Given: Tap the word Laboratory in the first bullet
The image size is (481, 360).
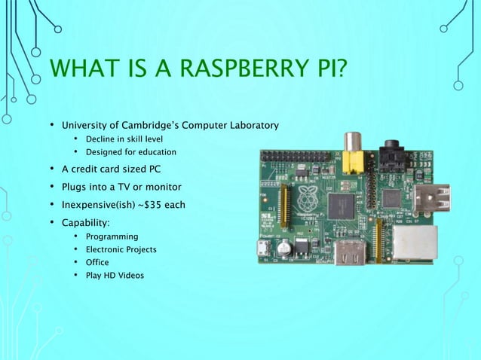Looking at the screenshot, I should tap(251, 124).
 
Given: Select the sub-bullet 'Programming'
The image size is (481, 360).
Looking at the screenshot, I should tap(112, 237).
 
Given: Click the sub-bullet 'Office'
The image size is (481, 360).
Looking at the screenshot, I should tap(97, 262).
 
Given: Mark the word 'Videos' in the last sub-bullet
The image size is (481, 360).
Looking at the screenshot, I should tap(129, 275).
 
